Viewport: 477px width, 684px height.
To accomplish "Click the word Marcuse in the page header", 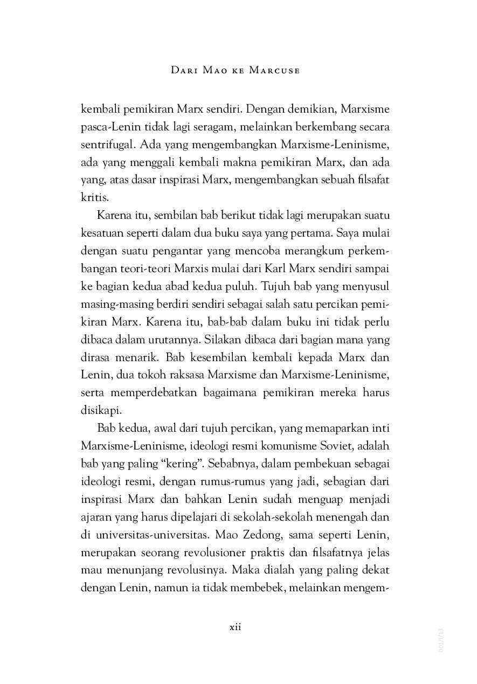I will click(x=274, y=71).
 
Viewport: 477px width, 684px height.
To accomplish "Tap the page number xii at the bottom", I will click(x=235, y=627).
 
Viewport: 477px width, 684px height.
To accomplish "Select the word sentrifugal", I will click(x=105, y=146).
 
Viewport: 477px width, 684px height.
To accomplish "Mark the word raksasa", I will click(x=188, y=374).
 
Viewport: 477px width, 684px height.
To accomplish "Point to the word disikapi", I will click(x=99, y=410).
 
